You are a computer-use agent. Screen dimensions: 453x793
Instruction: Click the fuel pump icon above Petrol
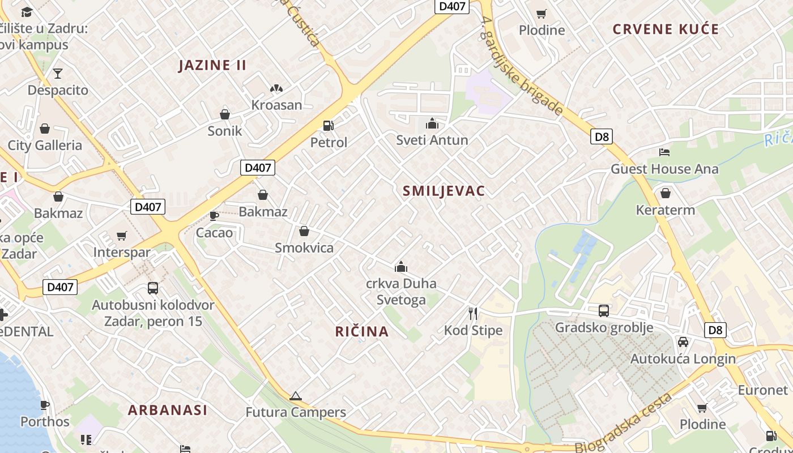[x=328, y=125]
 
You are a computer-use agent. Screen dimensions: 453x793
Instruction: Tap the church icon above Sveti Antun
[x=432, y=123]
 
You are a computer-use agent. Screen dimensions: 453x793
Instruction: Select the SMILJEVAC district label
[x=444, y=191]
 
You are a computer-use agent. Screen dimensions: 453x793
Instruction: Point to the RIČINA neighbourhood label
[x=362, y=332]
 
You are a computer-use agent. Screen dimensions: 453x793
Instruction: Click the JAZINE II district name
[x=212, y=65]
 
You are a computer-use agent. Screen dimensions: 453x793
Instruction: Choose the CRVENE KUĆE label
[x=666, y=29]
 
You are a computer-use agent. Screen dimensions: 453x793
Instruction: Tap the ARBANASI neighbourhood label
[x=168, y=410]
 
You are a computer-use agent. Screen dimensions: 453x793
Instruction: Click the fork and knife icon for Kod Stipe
[x=473, y=313]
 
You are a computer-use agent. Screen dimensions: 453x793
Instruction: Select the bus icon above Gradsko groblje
[x=604, y=310]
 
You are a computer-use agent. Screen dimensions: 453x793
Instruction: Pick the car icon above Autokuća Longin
[x=683, y=341]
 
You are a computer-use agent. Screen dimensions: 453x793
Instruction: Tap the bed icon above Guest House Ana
[x=664, y=152]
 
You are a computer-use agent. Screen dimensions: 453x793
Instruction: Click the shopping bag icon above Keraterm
[x=665, y=193]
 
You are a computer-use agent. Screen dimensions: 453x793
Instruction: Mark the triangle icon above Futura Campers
[x=295, y=396]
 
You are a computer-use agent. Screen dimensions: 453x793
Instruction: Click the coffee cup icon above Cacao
[x=214, y=216]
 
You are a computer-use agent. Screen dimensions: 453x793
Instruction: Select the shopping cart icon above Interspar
[x=122, y=236]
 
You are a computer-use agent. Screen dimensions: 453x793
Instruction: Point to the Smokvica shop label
[x=304, y=248]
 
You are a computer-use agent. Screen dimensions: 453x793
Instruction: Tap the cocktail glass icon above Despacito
[x=58, y=73]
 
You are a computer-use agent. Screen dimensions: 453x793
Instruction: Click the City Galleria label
[x=45, y=146]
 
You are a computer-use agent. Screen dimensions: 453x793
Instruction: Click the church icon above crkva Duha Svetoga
[x=401, y=267]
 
